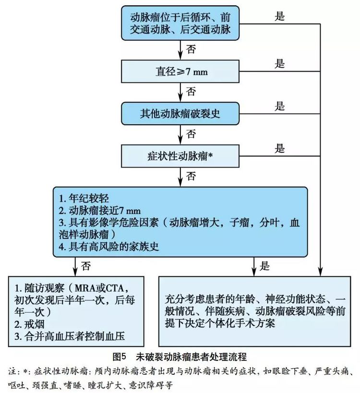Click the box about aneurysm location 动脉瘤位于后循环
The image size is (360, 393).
180,23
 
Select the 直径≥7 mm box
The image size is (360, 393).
180,71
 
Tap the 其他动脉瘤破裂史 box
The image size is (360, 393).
180,114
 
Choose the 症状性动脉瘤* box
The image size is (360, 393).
180,156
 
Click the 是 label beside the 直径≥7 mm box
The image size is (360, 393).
279,64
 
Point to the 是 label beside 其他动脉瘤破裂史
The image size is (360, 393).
279,106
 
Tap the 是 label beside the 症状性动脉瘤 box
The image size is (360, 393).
279,148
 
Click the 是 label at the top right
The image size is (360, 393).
279,16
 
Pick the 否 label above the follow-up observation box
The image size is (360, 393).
86,266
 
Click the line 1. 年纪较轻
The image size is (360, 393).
84,199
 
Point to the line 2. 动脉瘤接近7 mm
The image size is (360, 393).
100,211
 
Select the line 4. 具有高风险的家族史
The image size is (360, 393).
109,247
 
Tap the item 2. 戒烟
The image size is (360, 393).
29,324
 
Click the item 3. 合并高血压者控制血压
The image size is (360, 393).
70,336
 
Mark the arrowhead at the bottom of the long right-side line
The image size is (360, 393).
320,272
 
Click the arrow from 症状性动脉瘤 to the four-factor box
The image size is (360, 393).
180,177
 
